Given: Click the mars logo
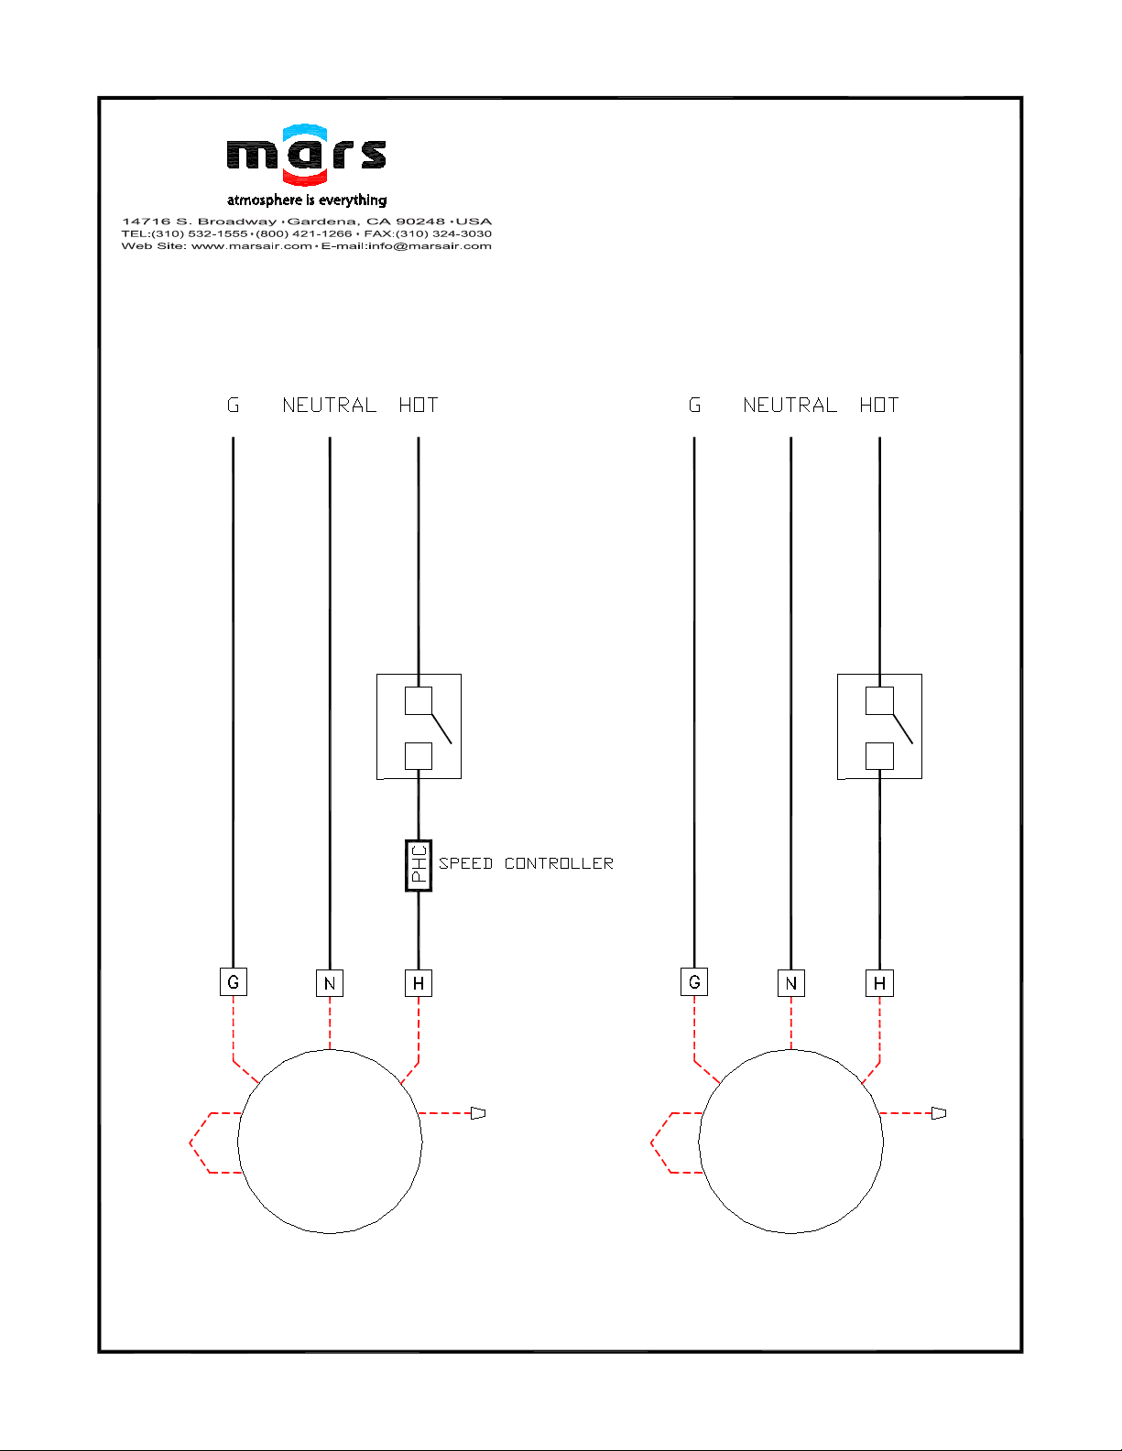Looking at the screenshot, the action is click(x=307, y=154).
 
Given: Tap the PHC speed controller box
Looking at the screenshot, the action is click(x=419, y=865).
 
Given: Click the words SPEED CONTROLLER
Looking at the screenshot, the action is click(x=526, y=863).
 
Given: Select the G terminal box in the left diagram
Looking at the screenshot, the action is click(x=233, y=981).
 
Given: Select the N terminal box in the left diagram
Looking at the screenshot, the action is click(x=329, y=983).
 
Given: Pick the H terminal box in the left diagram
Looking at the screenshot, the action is click(x=419, y=983).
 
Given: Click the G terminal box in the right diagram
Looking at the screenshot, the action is click(x=694, y=981).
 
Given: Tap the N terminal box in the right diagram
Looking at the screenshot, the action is click(x=791, y=983).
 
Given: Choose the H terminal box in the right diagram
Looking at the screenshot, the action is click(x=879, y=983).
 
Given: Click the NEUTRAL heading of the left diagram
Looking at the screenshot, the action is click(x=329, y=405).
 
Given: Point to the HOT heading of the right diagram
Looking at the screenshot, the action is click(x=879, y=405).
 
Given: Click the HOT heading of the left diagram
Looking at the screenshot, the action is click(x=418, y=405).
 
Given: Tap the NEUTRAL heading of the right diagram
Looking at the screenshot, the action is click(x=790, y=405).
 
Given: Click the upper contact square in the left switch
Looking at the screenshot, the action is click(x=419, y=700).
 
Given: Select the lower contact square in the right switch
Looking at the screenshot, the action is click(x=879, y=756).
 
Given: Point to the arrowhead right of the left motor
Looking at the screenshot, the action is click(x=478, y=1113).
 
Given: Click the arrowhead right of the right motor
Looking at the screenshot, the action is click(x=939, y=1113).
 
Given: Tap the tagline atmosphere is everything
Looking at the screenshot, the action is click(x=307, y=200).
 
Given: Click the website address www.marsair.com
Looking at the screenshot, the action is click(x=252, y=245).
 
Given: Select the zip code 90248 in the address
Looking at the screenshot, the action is click(x=420, y=221).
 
